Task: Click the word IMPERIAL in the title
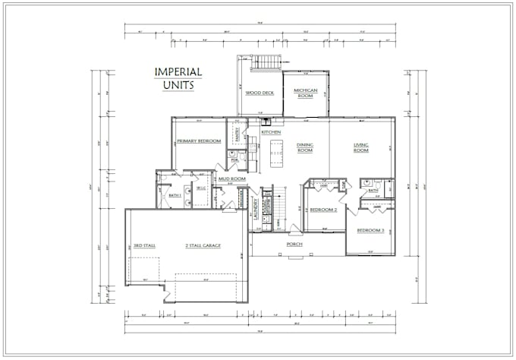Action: point(178,72)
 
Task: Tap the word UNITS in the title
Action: point(178,86)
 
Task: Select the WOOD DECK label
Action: point(260,93)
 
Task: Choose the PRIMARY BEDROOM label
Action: point(199,141)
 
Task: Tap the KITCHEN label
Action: point(271,132)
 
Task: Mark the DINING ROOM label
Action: point(306,147)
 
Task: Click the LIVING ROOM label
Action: point(360,147)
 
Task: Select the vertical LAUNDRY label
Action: point(256,206)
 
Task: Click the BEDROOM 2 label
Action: point(324,209)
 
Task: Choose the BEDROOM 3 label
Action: point(372,230)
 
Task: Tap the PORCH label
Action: point(295,244)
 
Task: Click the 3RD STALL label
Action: point(144,246)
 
